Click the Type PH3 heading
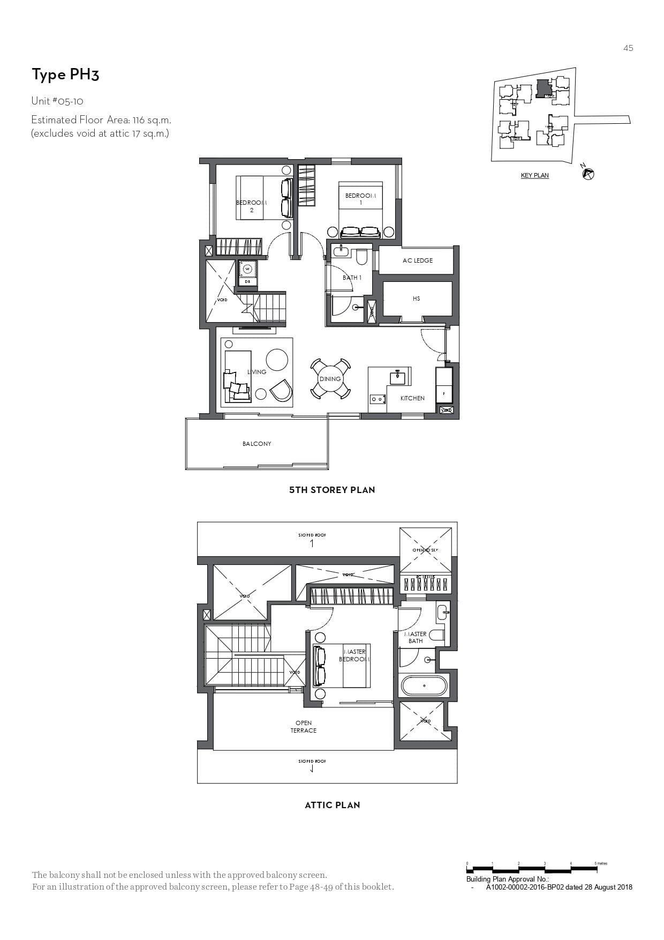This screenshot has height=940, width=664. tap(65, 74)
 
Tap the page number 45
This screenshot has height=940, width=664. tap(628, 48)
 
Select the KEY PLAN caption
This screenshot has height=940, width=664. tap(534, 175)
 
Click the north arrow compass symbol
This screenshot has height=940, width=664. tap(588, 174)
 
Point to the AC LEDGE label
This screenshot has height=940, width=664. tap(417, 260)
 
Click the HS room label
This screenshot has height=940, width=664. tap(416, 299)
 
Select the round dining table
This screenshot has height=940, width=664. tap(330, 378)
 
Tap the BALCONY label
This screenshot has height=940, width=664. tap(256, 444)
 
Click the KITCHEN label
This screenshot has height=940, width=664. tap(412, 398)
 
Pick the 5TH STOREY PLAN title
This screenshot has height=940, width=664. tap(332, 489)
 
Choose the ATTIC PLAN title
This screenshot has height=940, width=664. tap(332, 804)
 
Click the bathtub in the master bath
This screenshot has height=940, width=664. tap(424, 685)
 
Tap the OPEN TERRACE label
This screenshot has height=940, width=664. tap(303, 727)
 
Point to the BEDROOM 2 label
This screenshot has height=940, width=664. tap(251, 206)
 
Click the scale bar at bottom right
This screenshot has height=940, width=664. tap(535, 867)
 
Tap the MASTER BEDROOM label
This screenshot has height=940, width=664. tap(353, 655)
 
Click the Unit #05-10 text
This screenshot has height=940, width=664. tap(57, 101)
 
